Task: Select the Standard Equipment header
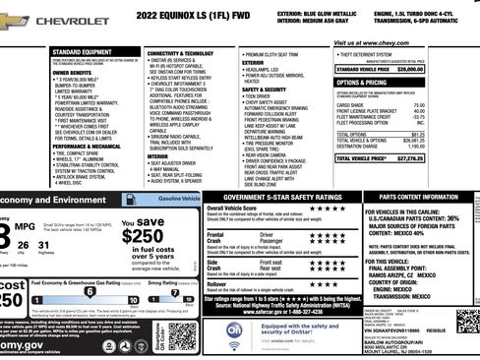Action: pyautogui.click(x=80, y=50)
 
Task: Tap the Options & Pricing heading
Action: pyautogui.click(x=365, y=82)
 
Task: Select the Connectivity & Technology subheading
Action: pyautogui.click(x=183, y=52)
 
